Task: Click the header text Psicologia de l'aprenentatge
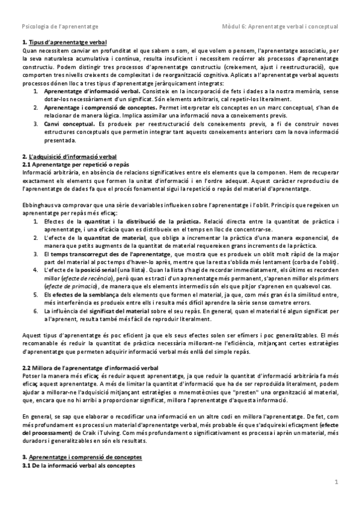tap(60, 27)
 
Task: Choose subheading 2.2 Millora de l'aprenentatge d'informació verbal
tap(82, 366)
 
